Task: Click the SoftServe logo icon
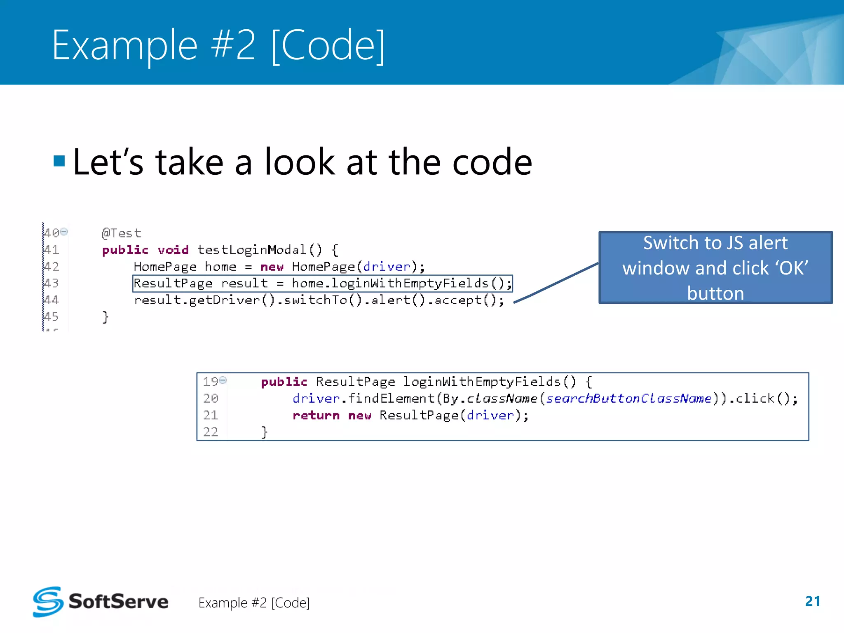[x=48, y=602]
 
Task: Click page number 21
[x=812, y=601]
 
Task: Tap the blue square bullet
[x=59, y=161]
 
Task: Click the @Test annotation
[x=121, y=233]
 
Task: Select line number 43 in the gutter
[x=52, y=283]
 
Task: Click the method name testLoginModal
[x=252, y=250]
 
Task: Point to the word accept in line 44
[x=457, y=300]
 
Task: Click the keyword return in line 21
[x=316, y=415]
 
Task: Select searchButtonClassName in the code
[x=628, y=399]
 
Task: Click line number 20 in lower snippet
[x=210, y=399]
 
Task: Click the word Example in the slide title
[x=125, y=45]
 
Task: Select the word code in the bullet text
[x=492, y=162]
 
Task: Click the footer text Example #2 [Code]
[x=254, y=603]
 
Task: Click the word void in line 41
[x=173, y=250]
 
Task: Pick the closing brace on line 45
[x=105, y=317]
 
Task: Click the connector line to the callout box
[x=556, y=283]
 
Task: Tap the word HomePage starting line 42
[x=165, y=267]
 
